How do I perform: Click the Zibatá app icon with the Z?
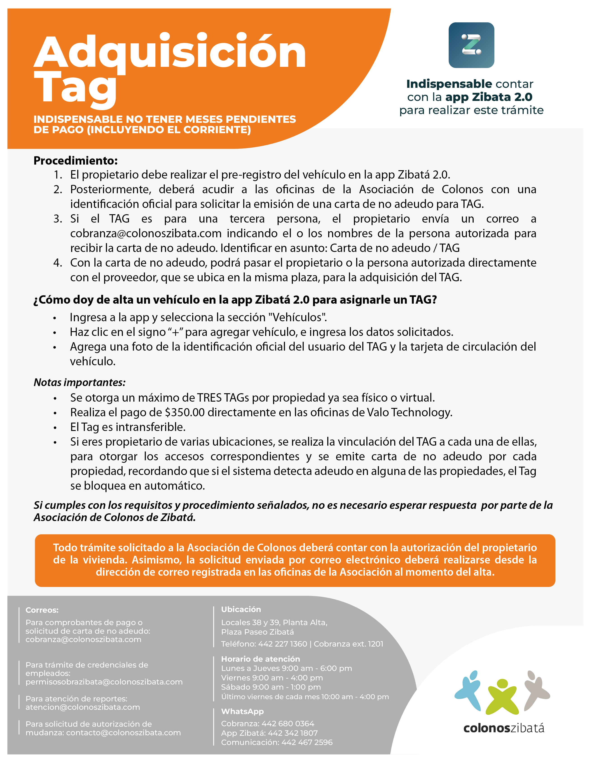pos(471,45)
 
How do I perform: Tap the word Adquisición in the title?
pos(170,51)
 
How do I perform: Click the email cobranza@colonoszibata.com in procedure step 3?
pos(146,233)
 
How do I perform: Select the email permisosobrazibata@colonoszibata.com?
pos(104,682)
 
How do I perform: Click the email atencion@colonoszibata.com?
pos(83,707)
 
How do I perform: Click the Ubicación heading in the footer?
pos(241,610)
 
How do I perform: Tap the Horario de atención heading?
pos(260,659)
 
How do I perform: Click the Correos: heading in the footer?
pos(42,610)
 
